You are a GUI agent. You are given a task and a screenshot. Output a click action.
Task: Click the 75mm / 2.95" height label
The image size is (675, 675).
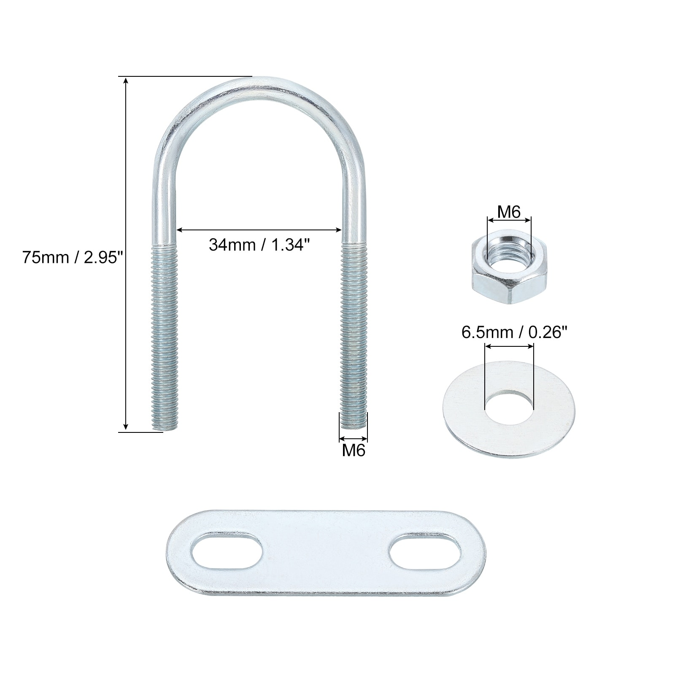point(72,257)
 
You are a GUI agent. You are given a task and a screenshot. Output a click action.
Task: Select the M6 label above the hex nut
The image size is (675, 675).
point(509,212)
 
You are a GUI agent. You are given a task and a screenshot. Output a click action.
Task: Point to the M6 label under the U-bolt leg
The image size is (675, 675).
point(354,450)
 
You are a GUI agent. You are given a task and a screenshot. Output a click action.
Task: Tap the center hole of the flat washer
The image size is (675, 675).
point(509,408)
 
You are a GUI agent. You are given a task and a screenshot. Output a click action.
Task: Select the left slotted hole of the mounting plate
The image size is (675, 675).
point(227,553)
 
